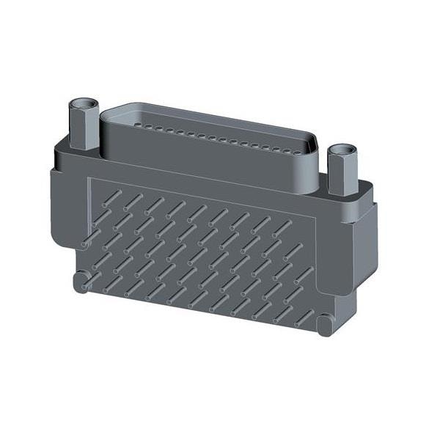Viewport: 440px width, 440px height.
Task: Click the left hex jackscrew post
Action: click(82, 128)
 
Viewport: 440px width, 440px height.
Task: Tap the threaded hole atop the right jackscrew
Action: click(341, 152)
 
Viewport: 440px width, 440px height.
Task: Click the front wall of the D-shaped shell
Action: click(205, 158)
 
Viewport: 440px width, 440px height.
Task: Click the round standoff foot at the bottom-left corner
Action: click(81, 282)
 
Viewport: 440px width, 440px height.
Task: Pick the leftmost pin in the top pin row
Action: click(111, 196)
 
